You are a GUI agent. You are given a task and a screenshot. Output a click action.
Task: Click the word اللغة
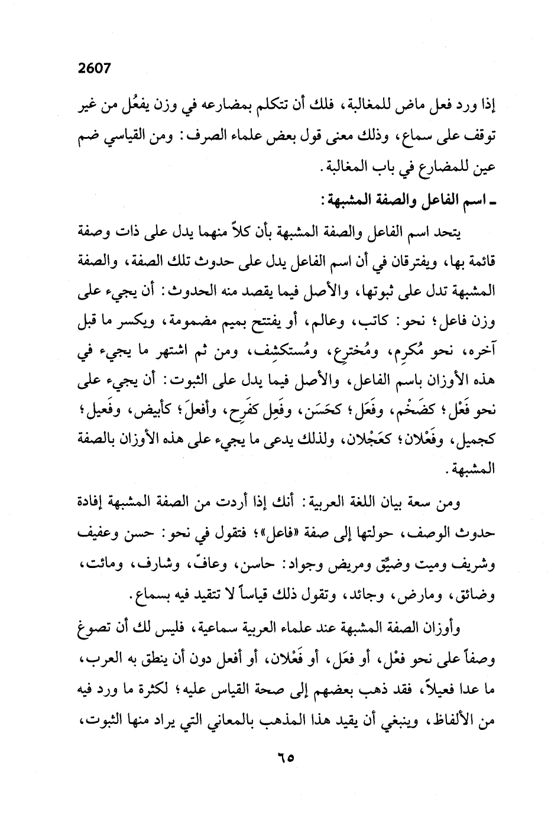tap(371, 504)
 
